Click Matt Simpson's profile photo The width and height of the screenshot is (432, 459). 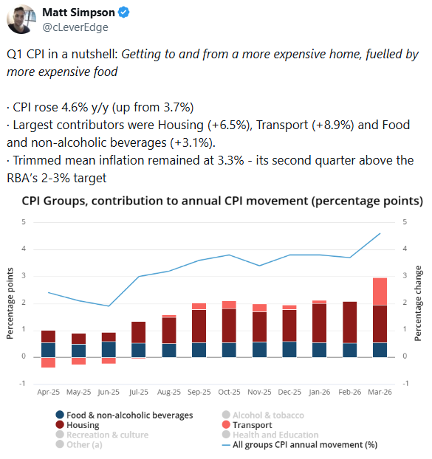21,19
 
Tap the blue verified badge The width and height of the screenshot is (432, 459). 123,13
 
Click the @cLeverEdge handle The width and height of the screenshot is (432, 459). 75,27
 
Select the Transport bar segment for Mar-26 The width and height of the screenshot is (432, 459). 380,291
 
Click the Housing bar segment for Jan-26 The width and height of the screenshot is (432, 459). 320,323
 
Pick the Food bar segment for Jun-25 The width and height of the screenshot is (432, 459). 109,350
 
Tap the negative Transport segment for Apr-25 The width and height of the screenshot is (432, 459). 48,362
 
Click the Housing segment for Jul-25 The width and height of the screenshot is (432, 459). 139,333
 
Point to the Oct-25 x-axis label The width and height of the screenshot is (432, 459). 229,392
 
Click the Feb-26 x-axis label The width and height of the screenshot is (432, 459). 350,392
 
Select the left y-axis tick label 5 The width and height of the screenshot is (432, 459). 24,222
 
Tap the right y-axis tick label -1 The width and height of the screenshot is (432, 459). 405,383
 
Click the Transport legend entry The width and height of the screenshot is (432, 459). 247,425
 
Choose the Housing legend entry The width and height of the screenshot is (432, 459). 78,425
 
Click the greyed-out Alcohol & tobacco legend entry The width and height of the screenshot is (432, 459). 263,415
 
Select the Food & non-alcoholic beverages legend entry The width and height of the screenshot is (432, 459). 124,415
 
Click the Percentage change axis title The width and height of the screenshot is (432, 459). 418,303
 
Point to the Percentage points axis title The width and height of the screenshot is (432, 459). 10,303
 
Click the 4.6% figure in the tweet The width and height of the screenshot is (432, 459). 75,108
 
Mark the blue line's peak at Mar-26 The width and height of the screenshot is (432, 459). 380,233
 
